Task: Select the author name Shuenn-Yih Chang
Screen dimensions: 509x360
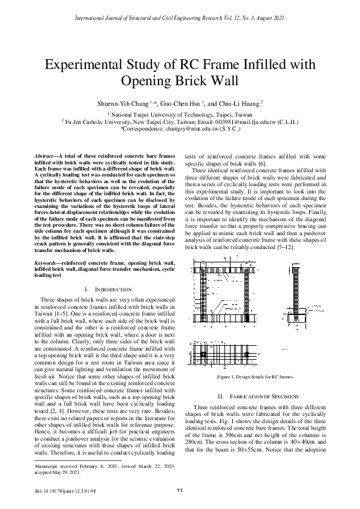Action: [123, 103]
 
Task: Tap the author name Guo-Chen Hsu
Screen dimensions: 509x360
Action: [183, 103]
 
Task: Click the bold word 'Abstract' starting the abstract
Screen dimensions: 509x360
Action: [46, 156]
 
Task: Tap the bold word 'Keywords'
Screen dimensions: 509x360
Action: [47, 263]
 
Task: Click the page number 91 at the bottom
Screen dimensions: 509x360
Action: [180, 489]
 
